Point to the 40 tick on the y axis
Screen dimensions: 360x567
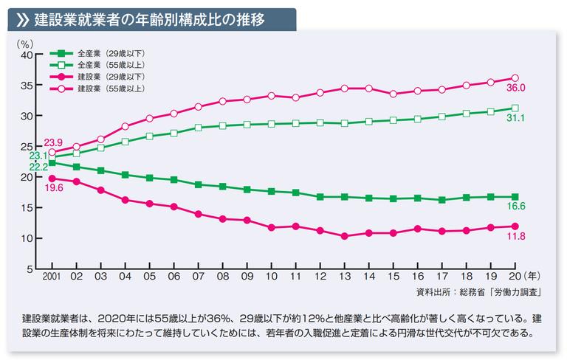[27, 55]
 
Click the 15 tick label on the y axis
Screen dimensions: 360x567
[27, 208]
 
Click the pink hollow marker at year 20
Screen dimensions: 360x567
[515, 78]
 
